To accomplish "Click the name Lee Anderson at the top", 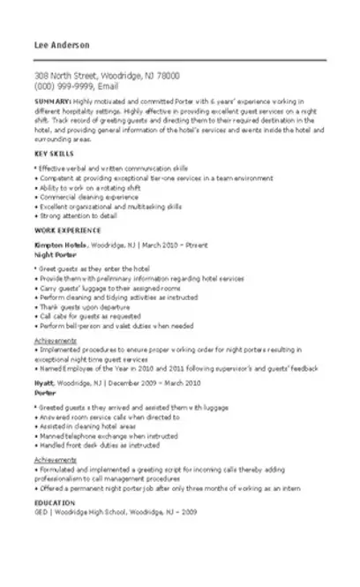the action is click(x=58, y=45).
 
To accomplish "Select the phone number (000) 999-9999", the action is click(x=64, y=87).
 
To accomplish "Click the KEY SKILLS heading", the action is click(x=52, y=154).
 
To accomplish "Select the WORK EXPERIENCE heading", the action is click(x=63, y=230).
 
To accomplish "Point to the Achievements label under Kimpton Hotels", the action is click(x=55, y=340).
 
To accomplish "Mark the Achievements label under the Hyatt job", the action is click(x=55, y=459).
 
